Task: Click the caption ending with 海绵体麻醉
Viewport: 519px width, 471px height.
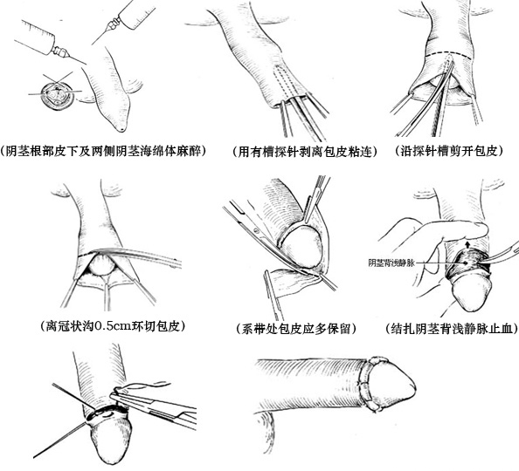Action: [103, 150]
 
